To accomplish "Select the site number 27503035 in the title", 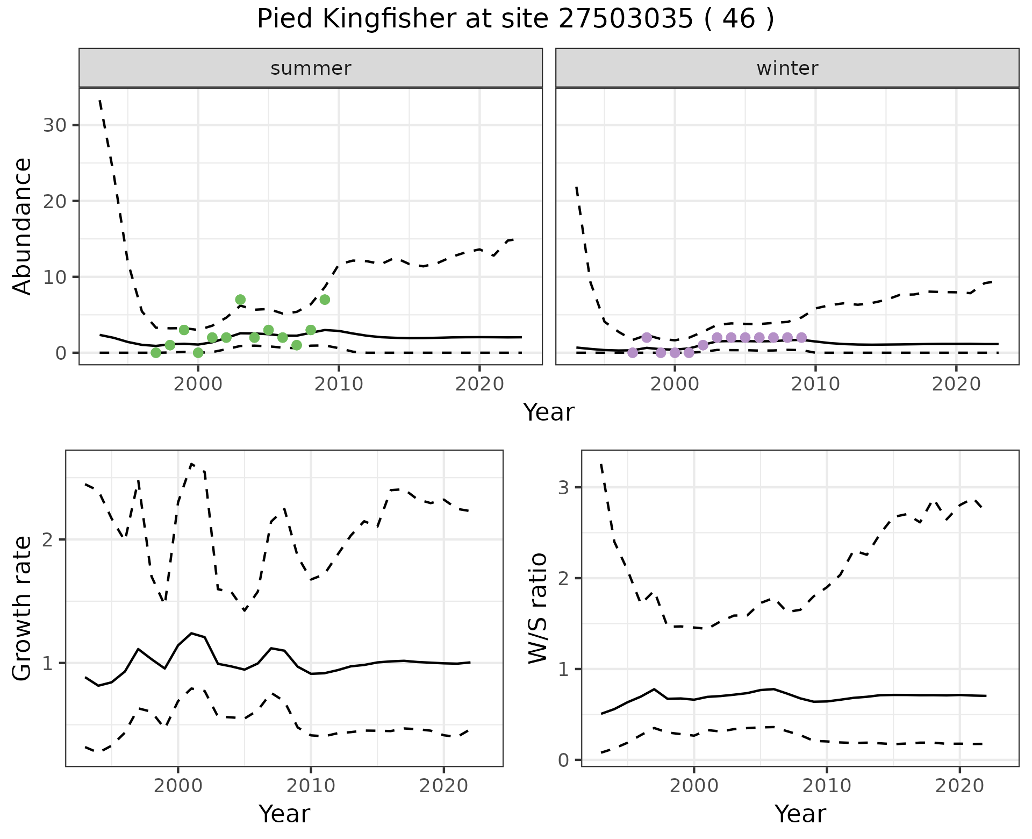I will (x=626, y=19).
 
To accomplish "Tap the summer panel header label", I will (x=311, y=68).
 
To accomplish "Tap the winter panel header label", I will (x=787, y=68).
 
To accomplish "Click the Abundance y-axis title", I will (x=23, y=226).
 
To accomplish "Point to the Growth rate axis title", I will (x=23, y=609).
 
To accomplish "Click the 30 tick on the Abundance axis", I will (x=54, y=125).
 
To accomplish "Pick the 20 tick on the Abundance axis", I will (x=54, y=201).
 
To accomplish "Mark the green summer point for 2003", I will (x=240, y=300).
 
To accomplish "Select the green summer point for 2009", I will (x=325, y=300).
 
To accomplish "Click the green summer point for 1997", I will (x=156, y=353).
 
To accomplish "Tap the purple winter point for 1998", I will (x=647, y=337).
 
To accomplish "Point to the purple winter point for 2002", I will (x=703, y=345).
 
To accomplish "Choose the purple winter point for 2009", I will (x=801, y=337).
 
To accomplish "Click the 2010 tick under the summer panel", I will (x=339, y=384).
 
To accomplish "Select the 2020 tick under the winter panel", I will (x=956, y=384).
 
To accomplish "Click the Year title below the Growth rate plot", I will (x=284, y=814).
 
